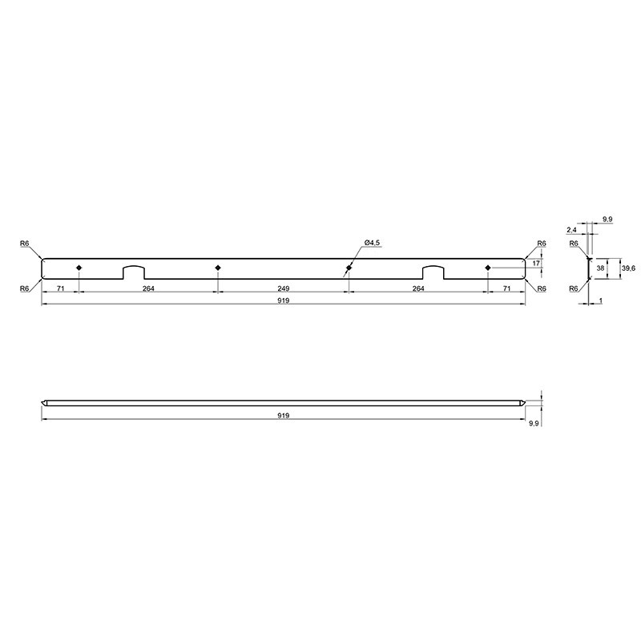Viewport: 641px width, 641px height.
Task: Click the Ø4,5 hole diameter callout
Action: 372,243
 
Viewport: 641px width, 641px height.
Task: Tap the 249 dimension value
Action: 284,288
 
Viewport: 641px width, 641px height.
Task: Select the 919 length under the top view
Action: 284,300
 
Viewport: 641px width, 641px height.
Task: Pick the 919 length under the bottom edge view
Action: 284,415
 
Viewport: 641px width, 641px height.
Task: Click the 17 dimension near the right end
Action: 536,264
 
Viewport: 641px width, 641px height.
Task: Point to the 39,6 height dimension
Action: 629,268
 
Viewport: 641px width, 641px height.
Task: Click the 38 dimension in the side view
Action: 600,268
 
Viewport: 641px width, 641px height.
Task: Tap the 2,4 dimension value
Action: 571,230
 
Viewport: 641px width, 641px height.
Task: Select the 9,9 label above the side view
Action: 607,220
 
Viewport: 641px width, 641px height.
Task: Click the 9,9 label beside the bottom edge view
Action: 533,424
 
